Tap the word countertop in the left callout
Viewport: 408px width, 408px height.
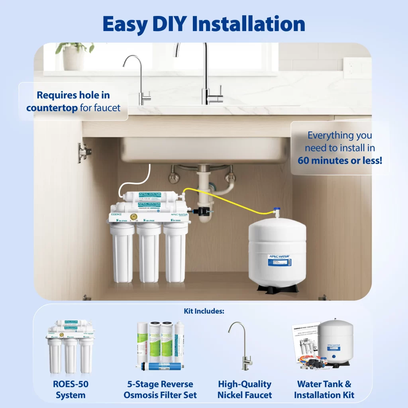52,108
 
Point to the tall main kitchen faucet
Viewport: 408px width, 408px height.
207,76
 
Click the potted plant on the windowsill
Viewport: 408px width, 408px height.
75,56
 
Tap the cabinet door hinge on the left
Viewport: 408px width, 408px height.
84,152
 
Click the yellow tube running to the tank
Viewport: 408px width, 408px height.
231,199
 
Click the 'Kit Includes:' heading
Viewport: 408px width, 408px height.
204,311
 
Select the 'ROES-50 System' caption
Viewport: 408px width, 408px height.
71,390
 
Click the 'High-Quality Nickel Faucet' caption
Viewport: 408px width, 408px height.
245,390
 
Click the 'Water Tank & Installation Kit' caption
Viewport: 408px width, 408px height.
324,390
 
